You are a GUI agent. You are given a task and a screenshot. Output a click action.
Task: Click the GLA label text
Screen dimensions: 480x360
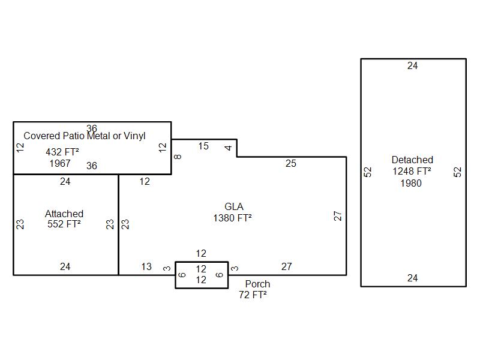click(x=234, y=206)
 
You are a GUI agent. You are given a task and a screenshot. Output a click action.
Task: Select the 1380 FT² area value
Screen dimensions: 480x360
click(x=232, y=218)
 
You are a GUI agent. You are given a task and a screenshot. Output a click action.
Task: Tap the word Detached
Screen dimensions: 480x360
click(x=412, y=160)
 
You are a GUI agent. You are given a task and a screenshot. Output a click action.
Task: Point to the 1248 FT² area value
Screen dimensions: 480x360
click(x=412, y=171)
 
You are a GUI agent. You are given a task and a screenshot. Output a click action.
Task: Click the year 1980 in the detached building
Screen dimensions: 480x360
click(x=411, y=183)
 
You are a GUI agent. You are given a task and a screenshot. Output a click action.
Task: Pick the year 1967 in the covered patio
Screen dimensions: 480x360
click(x=60, y=163)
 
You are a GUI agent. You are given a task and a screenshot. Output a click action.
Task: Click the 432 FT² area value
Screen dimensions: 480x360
click(x=62, y=152)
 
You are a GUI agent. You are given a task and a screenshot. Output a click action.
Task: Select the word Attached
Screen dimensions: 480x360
click(x=64, y=214)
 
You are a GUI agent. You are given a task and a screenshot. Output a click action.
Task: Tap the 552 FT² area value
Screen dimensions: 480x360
click(x=64, y=224)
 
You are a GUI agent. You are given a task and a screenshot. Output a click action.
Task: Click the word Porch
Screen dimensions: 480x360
click(x=257, y=284)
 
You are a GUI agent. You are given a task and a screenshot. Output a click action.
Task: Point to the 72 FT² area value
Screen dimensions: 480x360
click(x=253, y=295)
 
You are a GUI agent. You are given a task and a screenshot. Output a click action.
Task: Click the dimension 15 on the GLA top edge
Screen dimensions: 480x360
click(x=203, y=146)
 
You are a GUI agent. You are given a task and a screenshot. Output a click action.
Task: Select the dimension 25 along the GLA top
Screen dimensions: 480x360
click(x=291, y=163)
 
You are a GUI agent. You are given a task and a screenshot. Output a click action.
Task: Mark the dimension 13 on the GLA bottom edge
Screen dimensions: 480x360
click(x=146, y=266)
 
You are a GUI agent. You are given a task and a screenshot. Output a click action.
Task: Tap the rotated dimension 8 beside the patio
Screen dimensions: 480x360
click(x=178, y=157)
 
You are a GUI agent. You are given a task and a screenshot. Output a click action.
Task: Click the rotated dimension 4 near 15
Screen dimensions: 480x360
click(x=228, y=148)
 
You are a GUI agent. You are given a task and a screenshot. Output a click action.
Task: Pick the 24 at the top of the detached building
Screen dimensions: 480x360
click(x=412, y=65)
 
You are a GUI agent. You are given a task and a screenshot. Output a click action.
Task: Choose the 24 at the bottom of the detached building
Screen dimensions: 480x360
click(x=412, y=278)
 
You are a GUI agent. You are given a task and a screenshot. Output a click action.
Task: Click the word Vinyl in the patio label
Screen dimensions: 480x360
click(x=134, y=136)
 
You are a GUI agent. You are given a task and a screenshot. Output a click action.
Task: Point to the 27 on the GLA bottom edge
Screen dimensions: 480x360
click(x=287, y=266)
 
